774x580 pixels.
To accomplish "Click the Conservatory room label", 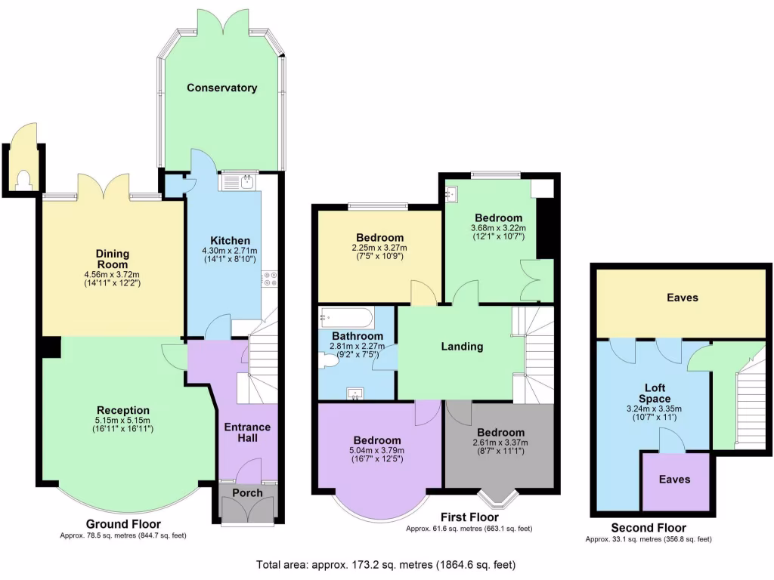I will click(222, 88).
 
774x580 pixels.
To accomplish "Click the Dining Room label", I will click(112, 259).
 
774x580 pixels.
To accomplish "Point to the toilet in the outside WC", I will click(23, 179).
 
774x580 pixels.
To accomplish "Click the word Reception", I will click(122, 410).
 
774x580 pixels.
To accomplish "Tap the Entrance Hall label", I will click(246, 433).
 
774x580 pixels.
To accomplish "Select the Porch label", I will click(247, 493).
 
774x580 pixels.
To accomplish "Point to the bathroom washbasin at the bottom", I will click(354, 392).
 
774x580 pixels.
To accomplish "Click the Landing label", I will click(462, 347).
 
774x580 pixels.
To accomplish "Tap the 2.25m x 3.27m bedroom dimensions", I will click(379, 248).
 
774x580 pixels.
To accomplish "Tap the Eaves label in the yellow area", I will click(682, 298).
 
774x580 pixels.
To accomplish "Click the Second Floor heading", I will click(648, 528).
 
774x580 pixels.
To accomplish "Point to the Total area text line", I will click(386, 564).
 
